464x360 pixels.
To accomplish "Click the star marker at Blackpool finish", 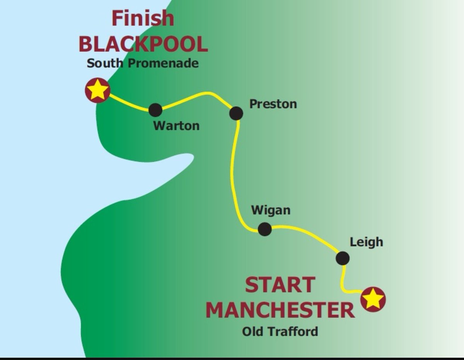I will [97, 90].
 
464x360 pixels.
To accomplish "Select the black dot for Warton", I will [155, 110].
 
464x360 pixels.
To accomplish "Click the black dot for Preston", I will [236, 113].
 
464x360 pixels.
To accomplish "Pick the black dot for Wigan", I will [264, 229].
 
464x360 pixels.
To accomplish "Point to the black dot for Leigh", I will [343, 258].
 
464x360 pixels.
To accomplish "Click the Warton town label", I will [176, 126].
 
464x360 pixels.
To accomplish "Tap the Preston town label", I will [273, 104].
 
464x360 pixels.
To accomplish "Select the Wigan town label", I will [271, 211].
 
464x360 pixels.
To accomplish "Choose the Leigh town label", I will [366, 242].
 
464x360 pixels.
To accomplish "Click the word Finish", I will [143, 19].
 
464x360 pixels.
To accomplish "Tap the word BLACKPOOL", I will [143, 44].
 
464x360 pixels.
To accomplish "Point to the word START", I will [280, 285].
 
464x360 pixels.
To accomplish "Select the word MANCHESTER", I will [280, 310].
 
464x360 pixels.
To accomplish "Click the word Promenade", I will [163, 63].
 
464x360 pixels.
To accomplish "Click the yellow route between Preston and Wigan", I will [232, 170].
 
